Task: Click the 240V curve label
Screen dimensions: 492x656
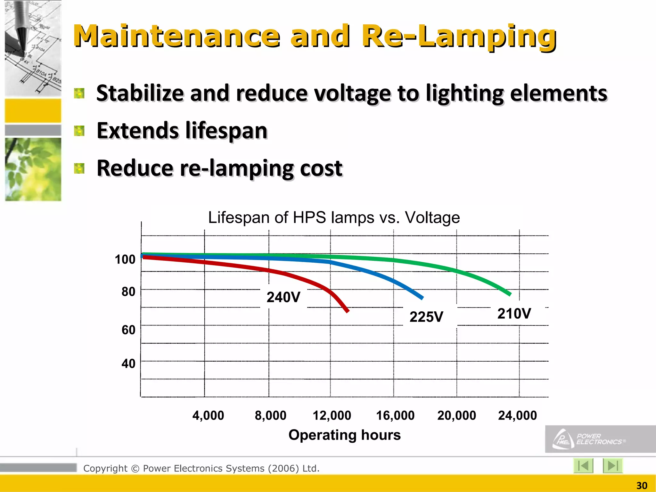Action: pyautogui.click(x=283, y=297)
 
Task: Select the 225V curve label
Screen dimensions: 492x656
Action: pyautogui.click(x=426, y=317)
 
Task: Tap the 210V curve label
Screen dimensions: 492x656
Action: pyautogui.click(x=514, y=314)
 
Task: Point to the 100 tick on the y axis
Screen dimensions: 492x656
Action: pyautogui.click(x=125, y=259)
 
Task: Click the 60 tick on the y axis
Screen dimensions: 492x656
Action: pyautogui.click(x=128, y=330)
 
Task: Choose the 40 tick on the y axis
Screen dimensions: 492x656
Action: pyautogui.click(x=128, y=364)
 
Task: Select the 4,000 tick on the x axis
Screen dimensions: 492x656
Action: pyautogui.click(x=208, y=415)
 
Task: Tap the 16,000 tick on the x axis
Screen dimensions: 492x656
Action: pyautogui.click(x=395, y=415)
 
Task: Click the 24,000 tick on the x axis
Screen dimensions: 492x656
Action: pyautogui.click(x=517, y=415)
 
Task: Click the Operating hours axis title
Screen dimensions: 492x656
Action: pyautogui.click(x=344, y=435)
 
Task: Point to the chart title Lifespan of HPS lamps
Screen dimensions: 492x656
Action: pyautogui.click(x=334, y=217)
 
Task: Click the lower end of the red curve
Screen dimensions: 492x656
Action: pyautogui.click(x=348, y=311)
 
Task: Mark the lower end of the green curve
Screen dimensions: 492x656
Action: pyautogui.click(x=510, y=294)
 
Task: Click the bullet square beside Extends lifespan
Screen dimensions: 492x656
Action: pyautogui.click(x=79, y=131)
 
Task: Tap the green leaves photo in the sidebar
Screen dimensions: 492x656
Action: pyautogui.click(x=33, y=169)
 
